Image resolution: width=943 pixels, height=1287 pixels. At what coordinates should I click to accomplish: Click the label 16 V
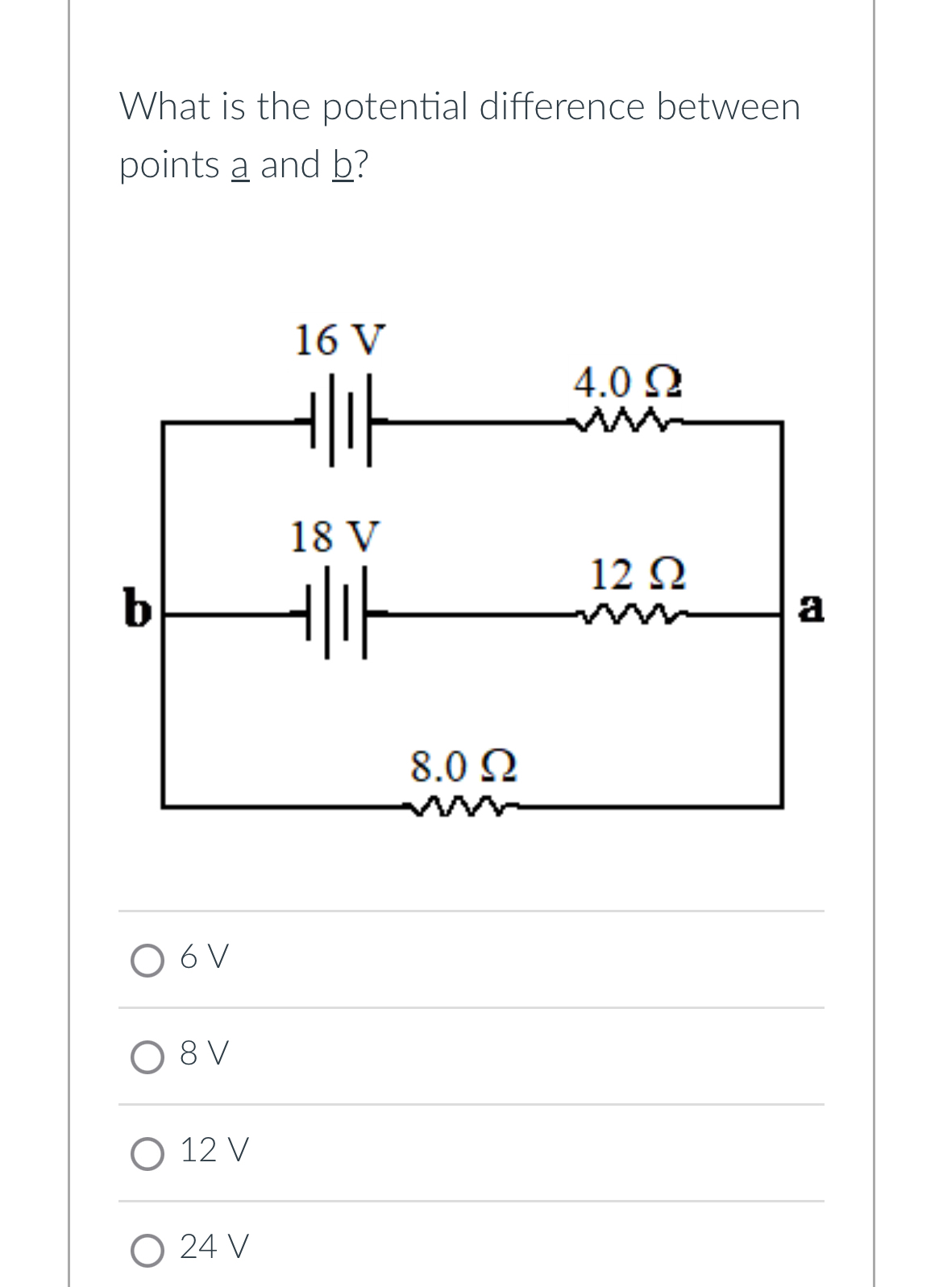339,339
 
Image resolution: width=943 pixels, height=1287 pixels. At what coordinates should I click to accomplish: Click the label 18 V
334,536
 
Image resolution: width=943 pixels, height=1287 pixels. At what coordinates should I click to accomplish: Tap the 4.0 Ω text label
628,381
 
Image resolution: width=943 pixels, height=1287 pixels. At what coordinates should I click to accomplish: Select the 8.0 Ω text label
463,766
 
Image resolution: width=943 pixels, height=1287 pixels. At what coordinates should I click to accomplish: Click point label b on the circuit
137,608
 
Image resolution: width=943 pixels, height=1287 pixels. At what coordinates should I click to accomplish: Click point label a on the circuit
811,607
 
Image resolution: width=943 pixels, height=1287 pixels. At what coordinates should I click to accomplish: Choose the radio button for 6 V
147,960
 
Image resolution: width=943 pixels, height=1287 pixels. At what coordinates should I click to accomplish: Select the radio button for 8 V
147,1057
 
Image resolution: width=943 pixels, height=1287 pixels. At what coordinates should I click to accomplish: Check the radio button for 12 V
147,1153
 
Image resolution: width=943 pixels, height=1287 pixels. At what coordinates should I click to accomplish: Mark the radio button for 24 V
147,1250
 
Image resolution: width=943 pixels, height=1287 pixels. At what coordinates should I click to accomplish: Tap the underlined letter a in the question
240,165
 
